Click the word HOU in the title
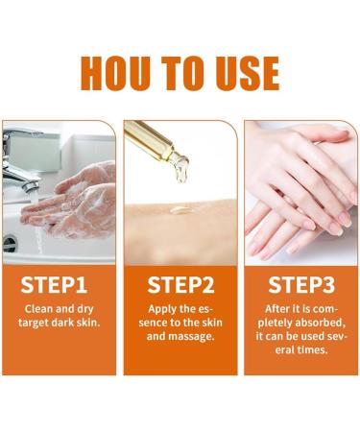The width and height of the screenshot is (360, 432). [115, 73]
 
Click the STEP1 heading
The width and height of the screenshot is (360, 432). [54, 284]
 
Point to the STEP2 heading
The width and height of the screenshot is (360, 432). [180, 284]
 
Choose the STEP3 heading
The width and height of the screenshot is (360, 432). [301, 284]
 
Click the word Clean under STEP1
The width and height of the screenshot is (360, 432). [38, 309]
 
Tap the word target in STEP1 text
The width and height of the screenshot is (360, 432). [32, 323]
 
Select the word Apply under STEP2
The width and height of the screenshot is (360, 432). [160, 309]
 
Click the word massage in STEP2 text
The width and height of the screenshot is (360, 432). [191, 336]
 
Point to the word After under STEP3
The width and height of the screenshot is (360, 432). [276, 309]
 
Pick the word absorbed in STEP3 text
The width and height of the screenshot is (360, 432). [320, 323]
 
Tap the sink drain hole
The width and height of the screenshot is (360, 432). [10, 244]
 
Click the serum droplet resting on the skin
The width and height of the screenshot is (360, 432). [180, 210]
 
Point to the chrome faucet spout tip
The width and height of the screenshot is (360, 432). [31, 186]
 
